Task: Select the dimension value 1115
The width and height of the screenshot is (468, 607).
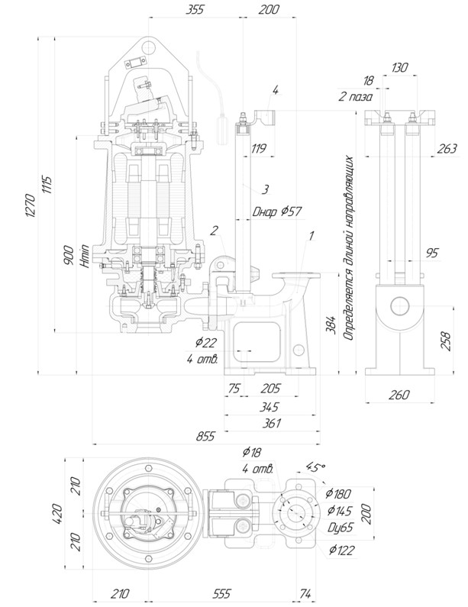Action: coord(47,184)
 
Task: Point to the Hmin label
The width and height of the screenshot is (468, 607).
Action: coord(85,259)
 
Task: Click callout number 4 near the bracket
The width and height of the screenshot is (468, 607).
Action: coord(276,89)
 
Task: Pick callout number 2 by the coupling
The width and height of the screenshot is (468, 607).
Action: coord(215,229)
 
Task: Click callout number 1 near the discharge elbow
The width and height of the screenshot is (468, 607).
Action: coord(311,236)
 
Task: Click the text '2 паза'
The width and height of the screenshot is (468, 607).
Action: coord(355,97)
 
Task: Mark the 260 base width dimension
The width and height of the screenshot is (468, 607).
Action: coord(399,395)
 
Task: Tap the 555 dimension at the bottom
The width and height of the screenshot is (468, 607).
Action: coord(222,592)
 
